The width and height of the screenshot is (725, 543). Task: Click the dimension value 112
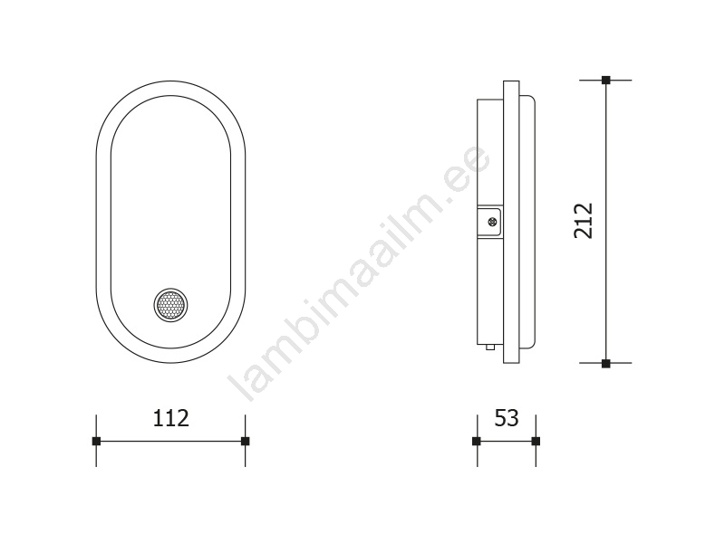pyautogui.click(x=170, y=418)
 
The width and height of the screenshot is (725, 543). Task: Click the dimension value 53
pyautogui.click(x=507, y=418)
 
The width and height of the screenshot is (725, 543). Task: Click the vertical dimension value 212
pyautogui.click(x=583, y=221)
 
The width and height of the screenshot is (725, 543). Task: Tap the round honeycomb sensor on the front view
pyautogui.click(x=170, y=305)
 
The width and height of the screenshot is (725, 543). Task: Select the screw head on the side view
pyautogui.click(x=494, y=222)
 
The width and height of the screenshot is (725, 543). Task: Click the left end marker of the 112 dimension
pyautogui.click(x=96, y=441)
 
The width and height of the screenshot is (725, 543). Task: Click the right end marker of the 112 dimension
pyautogui.click(x=245, y=441)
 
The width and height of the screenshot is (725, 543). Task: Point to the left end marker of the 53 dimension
pyautogui.click(x=477, y=441)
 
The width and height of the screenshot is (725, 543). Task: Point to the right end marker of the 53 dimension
pyautogui.click(x=536, y=441)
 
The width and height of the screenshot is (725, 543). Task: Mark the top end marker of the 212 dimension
pyautogui.click(x=605, y=80)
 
